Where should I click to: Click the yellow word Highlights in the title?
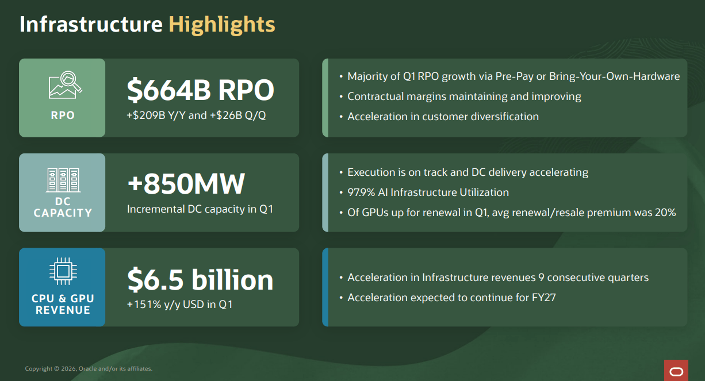(222, 25)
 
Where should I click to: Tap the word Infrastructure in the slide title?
(91, 24)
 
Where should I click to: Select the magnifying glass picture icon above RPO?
(66, 85)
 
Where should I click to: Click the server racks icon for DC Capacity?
(63, 180)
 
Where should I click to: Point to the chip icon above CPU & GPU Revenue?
(63, 271)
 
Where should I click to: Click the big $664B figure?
(168, 90)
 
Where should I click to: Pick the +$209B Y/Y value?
(156, 116)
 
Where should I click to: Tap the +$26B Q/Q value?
(237, 116)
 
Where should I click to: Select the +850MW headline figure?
(186, 184)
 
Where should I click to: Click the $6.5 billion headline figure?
(200, 279)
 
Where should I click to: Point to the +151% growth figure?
(144, 304)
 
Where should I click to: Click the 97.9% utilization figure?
(361, 193)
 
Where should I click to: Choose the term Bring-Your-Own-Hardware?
(614, 76)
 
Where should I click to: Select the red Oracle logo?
(676, 370)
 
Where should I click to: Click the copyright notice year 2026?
(68, 368)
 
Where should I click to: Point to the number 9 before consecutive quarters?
(541, 278)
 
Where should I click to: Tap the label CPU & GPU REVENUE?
(63, 304)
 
